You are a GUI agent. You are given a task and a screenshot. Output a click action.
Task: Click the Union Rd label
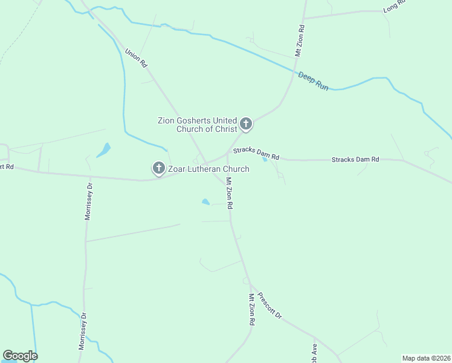(x=136, y=58)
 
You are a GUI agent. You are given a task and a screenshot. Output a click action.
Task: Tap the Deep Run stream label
(x=313, y=81)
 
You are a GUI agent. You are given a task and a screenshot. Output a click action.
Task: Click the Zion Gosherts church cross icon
(x=245, y=124)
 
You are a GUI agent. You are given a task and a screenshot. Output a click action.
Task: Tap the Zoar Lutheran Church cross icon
(x=159, y=168)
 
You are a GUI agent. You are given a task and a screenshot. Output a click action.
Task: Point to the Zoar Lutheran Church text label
(x=208, y=169)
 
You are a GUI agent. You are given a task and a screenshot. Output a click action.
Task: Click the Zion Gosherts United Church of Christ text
(x=197, y=125)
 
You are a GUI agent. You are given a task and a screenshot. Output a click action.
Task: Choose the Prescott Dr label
(x=270, y=306)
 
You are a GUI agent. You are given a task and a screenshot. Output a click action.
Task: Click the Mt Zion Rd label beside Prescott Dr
(x=251, y=310)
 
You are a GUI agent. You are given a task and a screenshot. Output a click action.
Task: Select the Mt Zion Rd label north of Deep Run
(x=299, y=41)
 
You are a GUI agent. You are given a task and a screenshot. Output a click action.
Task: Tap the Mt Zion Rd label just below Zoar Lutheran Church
(x=229, y=193)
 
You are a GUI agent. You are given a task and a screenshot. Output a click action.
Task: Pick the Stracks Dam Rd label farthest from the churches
(x=355, y=159)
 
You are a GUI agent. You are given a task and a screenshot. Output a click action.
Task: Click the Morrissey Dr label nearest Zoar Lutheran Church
(x=88, y=201)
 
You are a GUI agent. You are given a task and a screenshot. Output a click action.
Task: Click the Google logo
(x=20, y=356)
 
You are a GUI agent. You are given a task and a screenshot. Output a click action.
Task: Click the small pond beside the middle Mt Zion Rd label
(x=205, y=201)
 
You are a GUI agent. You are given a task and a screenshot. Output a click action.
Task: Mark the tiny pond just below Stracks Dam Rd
(x=265, y=160)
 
